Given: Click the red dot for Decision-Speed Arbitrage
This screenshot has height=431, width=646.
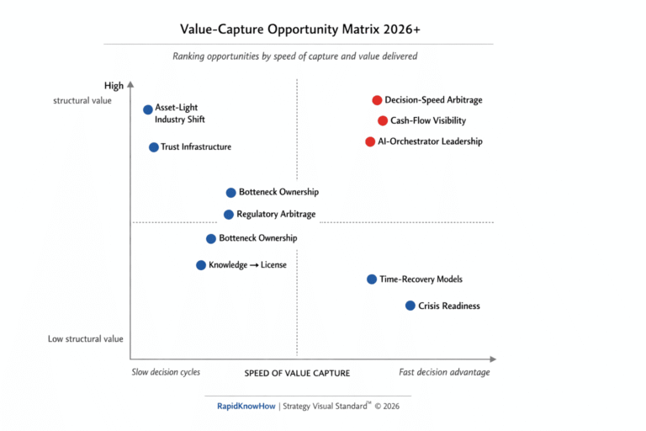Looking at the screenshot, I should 377,100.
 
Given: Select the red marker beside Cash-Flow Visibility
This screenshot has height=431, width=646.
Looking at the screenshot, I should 383,120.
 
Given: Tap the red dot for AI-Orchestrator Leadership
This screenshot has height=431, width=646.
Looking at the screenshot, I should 370,141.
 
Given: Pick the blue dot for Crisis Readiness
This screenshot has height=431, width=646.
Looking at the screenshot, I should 410,306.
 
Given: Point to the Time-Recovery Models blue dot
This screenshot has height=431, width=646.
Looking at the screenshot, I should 372,279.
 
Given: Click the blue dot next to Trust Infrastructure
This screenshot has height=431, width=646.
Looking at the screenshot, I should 154,147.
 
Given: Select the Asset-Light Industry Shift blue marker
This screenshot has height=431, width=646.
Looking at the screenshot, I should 148,109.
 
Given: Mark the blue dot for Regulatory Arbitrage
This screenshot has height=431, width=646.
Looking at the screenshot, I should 229,215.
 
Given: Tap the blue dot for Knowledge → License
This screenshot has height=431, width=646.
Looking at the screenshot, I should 201,265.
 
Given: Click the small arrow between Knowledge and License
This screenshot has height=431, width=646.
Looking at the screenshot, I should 254,265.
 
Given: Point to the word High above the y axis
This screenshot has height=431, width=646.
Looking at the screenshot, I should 114,86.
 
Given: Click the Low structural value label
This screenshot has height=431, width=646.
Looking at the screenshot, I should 85,339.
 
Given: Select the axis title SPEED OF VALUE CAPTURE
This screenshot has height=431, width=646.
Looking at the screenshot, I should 297,373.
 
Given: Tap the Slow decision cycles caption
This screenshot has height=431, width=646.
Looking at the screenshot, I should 166,372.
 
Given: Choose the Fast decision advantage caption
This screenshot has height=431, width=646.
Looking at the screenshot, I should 444,372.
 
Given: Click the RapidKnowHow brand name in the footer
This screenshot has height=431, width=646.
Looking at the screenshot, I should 246,406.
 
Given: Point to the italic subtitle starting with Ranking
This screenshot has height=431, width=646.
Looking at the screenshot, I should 295,56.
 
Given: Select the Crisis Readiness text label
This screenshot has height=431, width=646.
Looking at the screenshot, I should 449,306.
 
